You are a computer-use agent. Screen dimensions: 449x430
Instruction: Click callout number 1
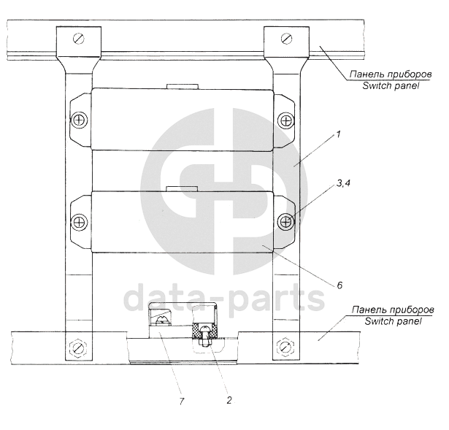[339, 134]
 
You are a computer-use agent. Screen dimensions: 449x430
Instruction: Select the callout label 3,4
[343, 183]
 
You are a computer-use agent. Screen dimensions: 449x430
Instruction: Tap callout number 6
[339, 285]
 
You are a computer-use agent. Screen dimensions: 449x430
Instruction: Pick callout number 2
[229, 400]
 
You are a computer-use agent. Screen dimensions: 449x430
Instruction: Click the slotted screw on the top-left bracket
[79, 39]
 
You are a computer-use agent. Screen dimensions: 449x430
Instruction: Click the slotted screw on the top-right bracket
[286, 39]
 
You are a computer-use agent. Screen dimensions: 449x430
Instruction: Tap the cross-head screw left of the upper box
[80, 120]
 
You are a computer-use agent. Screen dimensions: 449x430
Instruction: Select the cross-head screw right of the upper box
[286, 120]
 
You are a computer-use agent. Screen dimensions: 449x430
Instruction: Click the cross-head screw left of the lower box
[80, 222]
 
